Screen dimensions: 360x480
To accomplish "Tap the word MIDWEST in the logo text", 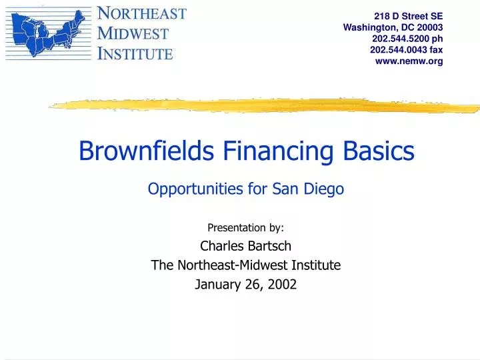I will click(133, 33).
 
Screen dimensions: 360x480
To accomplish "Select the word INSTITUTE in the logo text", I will click(135, 53).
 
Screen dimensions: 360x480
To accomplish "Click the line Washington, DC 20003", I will click(393, 27).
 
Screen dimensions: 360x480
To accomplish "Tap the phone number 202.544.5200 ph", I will click(407, 39).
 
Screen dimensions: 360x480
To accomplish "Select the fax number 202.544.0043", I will click(398, 50).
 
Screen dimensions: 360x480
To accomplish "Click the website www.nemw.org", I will click(410, 61).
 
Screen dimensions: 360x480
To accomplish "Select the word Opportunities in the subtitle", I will click(196, 189).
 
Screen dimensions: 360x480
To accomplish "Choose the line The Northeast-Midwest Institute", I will click(245, 265).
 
